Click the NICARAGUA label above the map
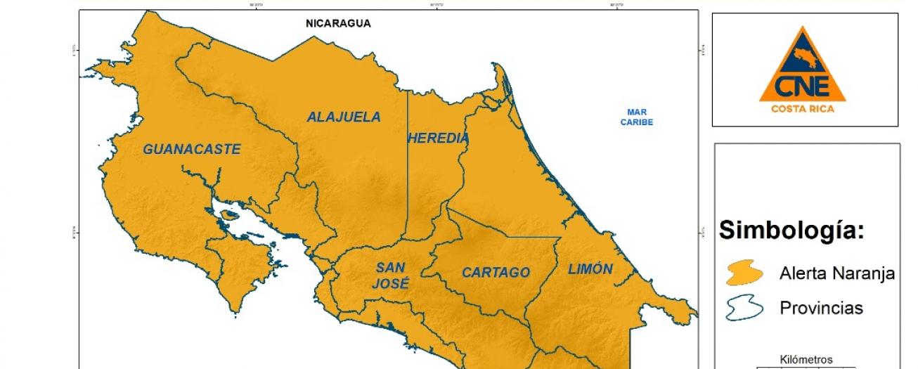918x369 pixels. coord(338,23)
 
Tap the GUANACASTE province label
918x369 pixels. coord(192,149)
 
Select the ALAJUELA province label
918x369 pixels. coord(344,117)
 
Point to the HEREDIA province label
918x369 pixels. coord(438,138)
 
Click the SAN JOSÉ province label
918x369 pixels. coord(392,276)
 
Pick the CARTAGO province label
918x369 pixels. coord(496,273)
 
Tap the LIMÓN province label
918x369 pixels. coord(590,268)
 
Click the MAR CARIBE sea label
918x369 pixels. coord(637,117)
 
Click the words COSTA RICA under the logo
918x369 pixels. coord(803,108)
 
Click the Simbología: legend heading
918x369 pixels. coord(791,229)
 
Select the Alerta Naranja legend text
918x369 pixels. coord(836,273)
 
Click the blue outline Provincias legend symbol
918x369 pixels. coord(744,308)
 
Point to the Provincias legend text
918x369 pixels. coord(821,308)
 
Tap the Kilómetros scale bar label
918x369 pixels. coord(806,359)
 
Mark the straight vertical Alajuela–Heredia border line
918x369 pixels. coord(408,176)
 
